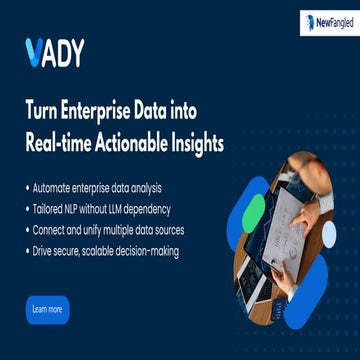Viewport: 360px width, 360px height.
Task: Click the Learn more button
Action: (x=47, y=309)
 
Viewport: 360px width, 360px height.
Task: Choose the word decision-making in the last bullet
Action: (x=146, y=251)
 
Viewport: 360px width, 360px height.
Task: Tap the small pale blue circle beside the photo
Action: (x=328, y=233)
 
